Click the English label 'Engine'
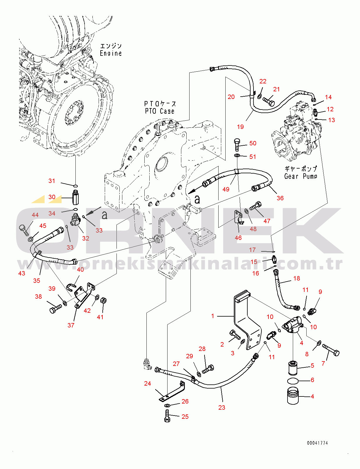[x=111, y=53]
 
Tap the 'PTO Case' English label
[x=160, y=111]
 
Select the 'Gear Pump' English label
[x=301, y=176]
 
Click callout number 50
[x=253, y=143]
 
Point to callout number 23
[x=222, y=407]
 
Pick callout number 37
[x=71, y=325]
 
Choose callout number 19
[x=240, y=127]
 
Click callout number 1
[x=213, y=316]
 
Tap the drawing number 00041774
[x=317, y=443]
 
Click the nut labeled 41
[x=103, y=300]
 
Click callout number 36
[x=280, y=198]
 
